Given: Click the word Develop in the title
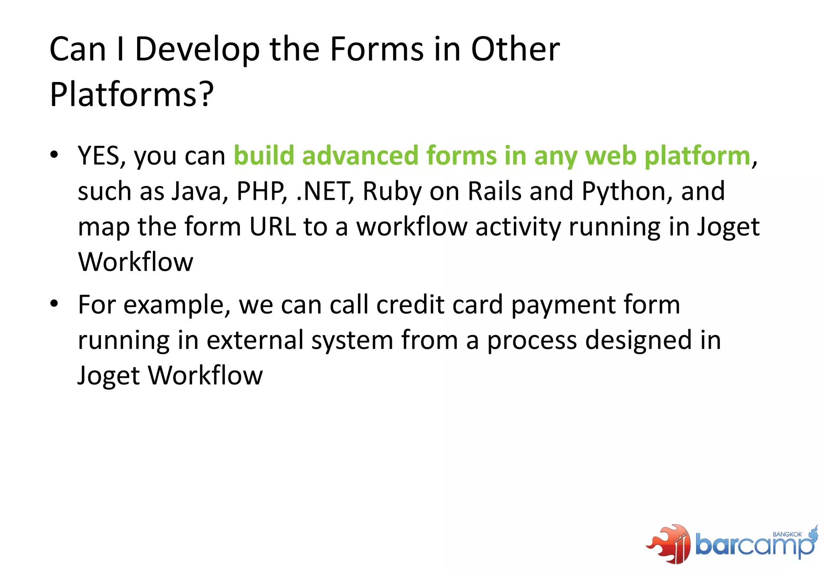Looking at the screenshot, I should tap(197, 50).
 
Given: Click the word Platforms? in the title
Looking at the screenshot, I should tap(131, 95).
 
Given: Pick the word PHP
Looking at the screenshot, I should tap(262, 191).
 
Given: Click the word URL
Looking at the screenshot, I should tap(272, 227).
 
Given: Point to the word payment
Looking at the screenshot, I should tap(563, 306).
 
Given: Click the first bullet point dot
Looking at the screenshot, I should tap(54, 155).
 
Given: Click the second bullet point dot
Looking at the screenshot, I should tap(54, 303).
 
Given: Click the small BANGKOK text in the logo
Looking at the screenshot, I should tap(787, 534).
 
